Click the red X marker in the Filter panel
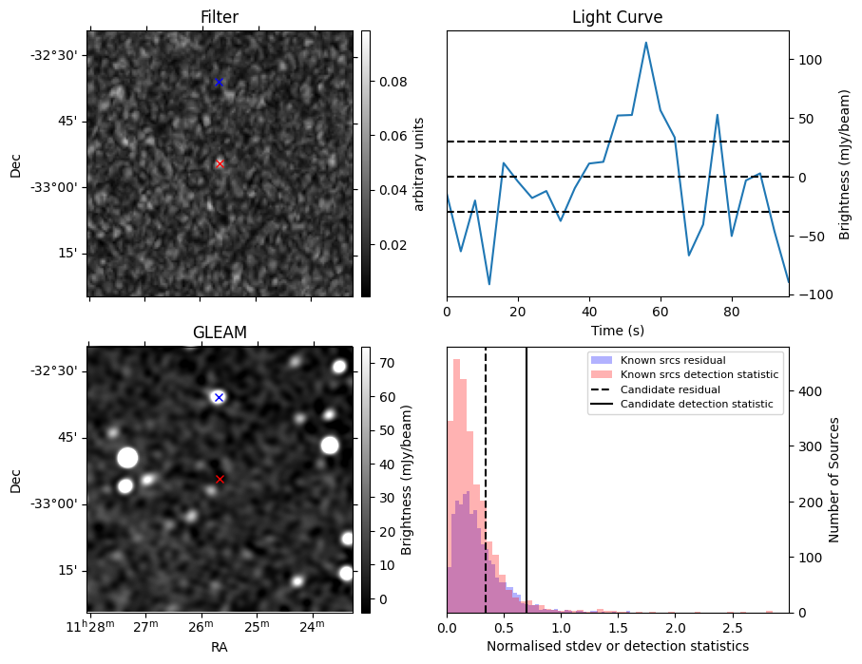[x=220, y=163]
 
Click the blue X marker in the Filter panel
[x=219, y=83]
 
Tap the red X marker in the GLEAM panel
[x=220, y=479]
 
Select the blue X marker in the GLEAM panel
[x=219, y=397]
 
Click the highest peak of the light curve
[x=646, y=43]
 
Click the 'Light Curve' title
[x=617, y=17]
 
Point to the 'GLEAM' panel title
[x=220, y=332]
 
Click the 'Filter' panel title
[x=220, y=17]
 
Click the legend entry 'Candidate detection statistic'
[x=699, y=405]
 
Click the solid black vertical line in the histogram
[x=527, y=475]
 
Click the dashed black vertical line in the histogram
[x=486, y=475]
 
